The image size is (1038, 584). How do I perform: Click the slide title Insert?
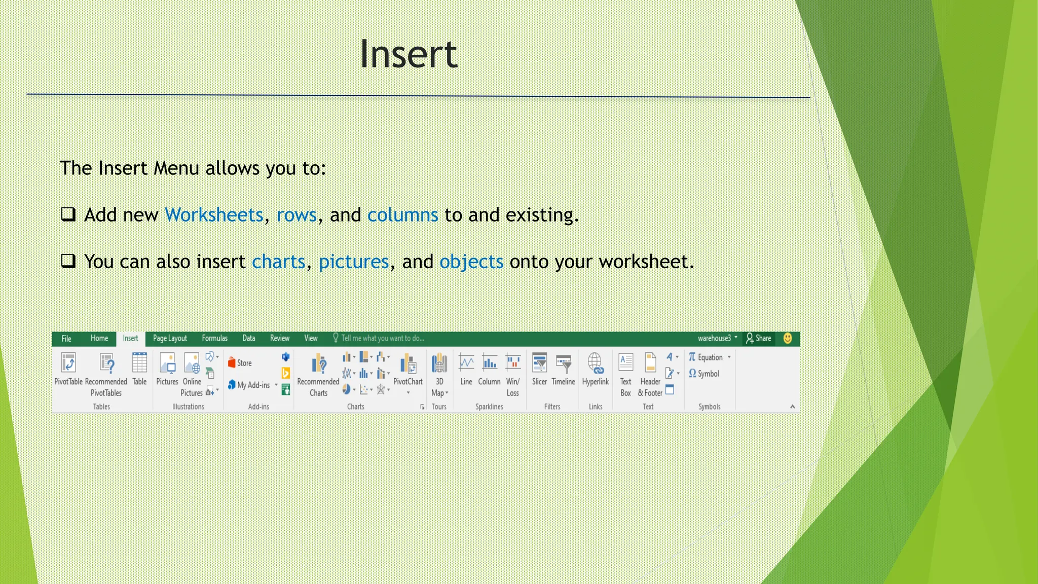tap(408, 54)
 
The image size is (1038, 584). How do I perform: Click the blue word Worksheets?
tap(214, 215)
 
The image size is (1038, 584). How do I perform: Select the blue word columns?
tap(402, 215)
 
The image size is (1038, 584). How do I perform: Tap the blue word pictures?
tap(353, 262)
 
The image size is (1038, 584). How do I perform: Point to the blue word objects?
tap(471, 262)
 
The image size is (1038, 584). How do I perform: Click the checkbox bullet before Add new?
tap(68, 214)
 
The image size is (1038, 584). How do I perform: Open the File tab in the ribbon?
tap(66, 339)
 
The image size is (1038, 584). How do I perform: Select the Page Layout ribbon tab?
tap(170, 339)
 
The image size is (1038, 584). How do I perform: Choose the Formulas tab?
tap(214, 339)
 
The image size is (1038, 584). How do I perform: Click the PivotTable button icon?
tap(68, 363)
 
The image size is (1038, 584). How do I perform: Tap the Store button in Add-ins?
tap(240, 363)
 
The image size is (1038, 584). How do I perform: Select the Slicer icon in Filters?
tap(539, 363)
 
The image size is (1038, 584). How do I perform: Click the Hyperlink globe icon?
tap(595, 363)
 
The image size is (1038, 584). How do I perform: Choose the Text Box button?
tap(626, 363)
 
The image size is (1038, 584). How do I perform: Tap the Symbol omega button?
tap(693, 374)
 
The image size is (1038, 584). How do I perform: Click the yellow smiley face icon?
tap(788, 339)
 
